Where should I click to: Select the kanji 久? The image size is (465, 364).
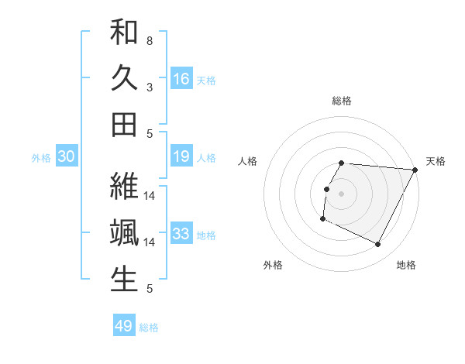[124, 79]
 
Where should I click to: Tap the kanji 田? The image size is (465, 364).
[124, 124]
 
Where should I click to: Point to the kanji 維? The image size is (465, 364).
[124, 188]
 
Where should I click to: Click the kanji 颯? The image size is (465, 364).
[124, 233]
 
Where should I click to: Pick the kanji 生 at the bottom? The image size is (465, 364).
[124, 278]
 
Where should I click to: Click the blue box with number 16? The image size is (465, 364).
[181, 78]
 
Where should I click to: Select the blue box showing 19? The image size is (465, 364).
[181, 157]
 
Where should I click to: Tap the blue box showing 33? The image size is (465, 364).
[181, 234]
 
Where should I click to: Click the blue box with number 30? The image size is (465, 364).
[66, 157]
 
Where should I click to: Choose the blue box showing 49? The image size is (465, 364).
[124, 326]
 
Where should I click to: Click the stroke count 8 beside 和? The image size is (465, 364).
[149, 40]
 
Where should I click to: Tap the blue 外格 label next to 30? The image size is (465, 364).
[41, 158]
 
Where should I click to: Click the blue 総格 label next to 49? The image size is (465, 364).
[149, 328]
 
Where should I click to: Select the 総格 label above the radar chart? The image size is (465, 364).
[342, 101]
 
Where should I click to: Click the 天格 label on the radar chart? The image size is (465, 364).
[436, 161]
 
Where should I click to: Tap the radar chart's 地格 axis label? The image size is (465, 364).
[406, 265]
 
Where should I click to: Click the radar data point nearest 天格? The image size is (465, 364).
[415, 170]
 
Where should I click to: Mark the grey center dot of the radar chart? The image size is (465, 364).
[342, 193]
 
